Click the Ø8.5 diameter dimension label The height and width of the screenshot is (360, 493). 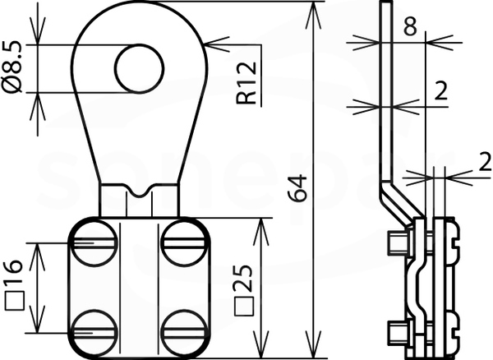(x=12, y=67)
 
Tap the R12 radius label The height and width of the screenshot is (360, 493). (x=246, y=83)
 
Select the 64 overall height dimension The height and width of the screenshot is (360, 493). (x=297, y=188)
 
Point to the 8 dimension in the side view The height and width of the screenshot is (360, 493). (x=410, y=25)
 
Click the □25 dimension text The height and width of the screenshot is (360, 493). (x=244, y=290)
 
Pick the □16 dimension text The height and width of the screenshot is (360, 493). (x=14, y=285)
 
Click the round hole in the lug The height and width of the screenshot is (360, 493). (x=140, y=69)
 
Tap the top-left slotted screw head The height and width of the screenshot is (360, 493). (x=94, y=243)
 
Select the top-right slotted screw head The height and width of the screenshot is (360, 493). (x=185, y=243)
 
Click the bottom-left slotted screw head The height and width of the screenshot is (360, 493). (x=94, y=333)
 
